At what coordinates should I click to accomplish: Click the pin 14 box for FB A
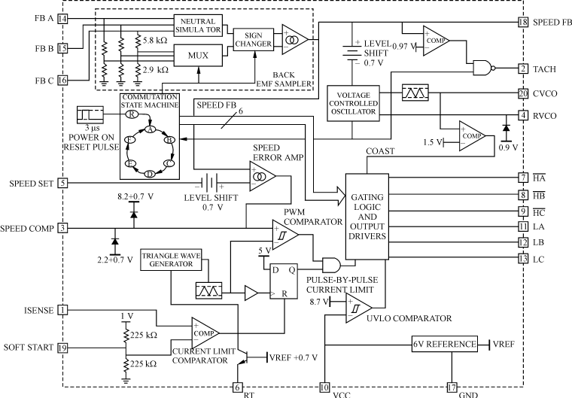pos(62,18)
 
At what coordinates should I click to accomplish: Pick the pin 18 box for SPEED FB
pos(523,23)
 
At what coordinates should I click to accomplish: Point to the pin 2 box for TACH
pos(523,69)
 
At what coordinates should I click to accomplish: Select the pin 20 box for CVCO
pos(523,93)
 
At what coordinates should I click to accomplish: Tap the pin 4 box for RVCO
pos(523,116)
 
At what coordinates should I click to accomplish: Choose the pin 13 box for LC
pos(523,259)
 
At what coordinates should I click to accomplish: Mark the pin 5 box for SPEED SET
pos(62,183)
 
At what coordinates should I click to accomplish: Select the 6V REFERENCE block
pos(446,344)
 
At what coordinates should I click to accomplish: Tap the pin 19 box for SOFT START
pos(62,348)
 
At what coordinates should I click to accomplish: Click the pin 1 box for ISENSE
pos(62,308)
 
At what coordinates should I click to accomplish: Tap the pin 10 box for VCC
pos(324,387)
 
